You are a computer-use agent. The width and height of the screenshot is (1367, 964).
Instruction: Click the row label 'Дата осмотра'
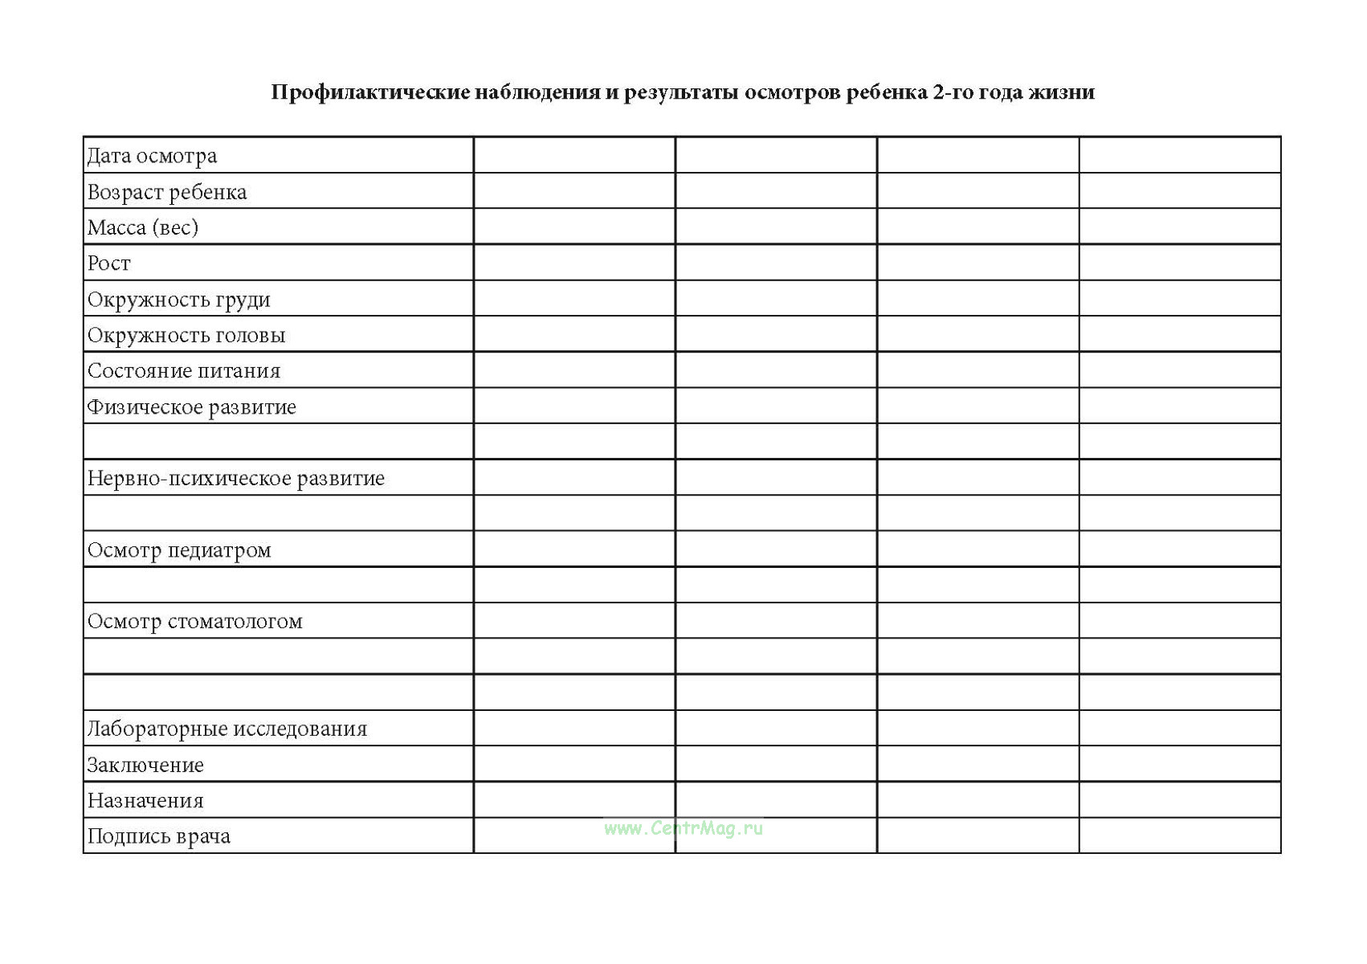tap(152, 156)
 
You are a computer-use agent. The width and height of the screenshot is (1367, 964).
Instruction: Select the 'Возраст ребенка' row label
tap(167, 192)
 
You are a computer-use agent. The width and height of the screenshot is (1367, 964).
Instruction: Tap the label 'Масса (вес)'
tap(143, 227)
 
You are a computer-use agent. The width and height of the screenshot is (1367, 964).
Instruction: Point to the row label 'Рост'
tap(108, 263)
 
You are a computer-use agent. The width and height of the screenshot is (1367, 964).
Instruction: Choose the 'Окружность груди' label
tap(179, 300)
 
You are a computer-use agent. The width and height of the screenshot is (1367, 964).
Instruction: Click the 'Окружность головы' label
tap(186, 335)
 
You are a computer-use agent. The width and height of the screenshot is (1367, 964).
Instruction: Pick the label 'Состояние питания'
tap(184, 371)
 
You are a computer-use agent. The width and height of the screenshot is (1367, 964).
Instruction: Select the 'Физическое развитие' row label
tap(192, 407)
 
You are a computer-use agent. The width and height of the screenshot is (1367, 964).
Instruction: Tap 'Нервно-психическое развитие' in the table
tap(236, 479)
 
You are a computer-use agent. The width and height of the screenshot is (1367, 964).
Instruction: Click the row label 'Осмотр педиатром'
tap(179, 550)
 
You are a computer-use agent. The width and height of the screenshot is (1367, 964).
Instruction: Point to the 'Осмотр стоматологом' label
tap(195, 622)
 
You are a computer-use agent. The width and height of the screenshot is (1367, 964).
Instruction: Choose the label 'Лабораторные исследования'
tap(227, 729)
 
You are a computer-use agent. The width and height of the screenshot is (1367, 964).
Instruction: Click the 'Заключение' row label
tap(145, 766)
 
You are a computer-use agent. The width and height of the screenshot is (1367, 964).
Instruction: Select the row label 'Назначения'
tap(145, 801)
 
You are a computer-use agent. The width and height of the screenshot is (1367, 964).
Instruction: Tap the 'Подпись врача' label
tap(159, 837)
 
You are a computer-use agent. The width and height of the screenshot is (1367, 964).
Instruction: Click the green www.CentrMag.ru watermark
tap(683, 828)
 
